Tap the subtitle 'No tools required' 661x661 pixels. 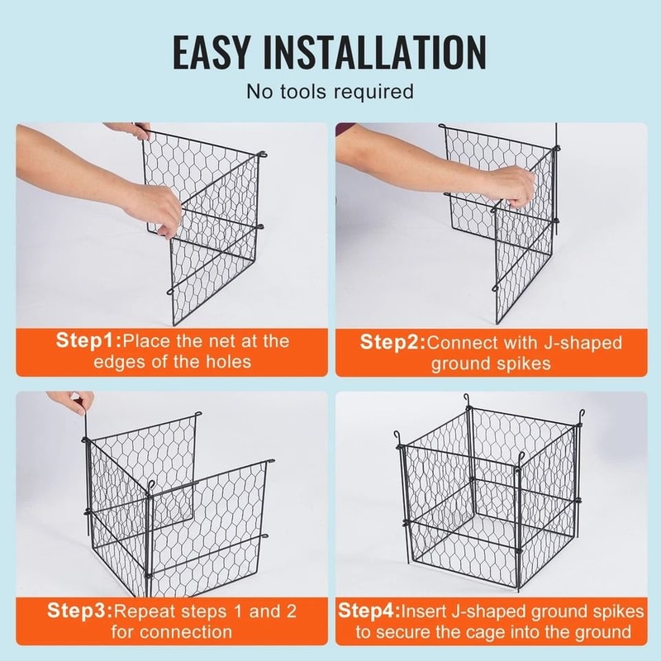coord(330,91)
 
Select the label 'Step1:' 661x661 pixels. coord(88,340)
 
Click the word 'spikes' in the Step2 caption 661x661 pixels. coord(524,364)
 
